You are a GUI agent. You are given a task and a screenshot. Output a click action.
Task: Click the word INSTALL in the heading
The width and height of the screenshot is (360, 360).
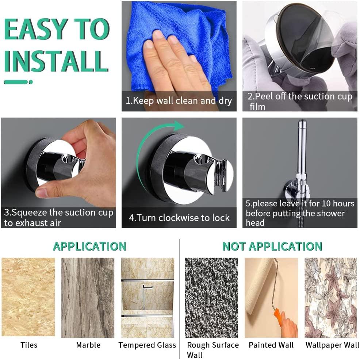pos(56,61)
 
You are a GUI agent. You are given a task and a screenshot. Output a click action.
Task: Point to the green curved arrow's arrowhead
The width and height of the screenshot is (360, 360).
pos(178,126)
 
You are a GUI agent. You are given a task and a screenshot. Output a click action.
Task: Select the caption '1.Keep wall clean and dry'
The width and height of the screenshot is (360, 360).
pos(179,101)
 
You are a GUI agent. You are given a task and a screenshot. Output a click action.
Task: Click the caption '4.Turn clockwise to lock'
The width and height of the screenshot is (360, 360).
pos(179,218)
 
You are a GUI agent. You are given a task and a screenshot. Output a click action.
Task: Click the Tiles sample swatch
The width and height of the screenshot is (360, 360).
pos(28,297)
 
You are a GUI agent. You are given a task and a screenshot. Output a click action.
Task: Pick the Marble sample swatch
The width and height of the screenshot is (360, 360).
pos(88,298)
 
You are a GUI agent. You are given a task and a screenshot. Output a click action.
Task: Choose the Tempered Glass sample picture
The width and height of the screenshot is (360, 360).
pos(148,298)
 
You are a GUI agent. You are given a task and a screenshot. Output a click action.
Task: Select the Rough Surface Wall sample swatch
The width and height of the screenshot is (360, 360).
pos(211,298)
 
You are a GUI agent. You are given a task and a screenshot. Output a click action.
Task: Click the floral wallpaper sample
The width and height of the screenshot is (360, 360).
pos(331,298)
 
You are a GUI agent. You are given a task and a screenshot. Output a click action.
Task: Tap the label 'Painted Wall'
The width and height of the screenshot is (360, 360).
pos(271,345)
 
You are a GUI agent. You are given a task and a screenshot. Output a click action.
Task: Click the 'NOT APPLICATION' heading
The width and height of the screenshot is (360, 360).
pos(272,246)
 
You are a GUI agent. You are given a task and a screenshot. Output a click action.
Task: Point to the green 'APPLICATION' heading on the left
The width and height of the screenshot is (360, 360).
pos(90,246)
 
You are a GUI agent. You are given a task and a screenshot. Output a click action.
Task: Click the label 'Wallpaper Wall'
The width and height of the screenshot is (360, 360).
pos(332,345)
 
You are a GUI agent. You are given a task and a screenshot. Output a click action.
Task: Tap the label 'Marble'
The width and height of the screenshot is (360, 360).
pos(88,345)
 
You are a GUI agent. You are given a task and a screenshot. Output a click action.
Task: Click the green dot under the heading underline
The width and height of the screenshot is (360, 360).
pos(31,82)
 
